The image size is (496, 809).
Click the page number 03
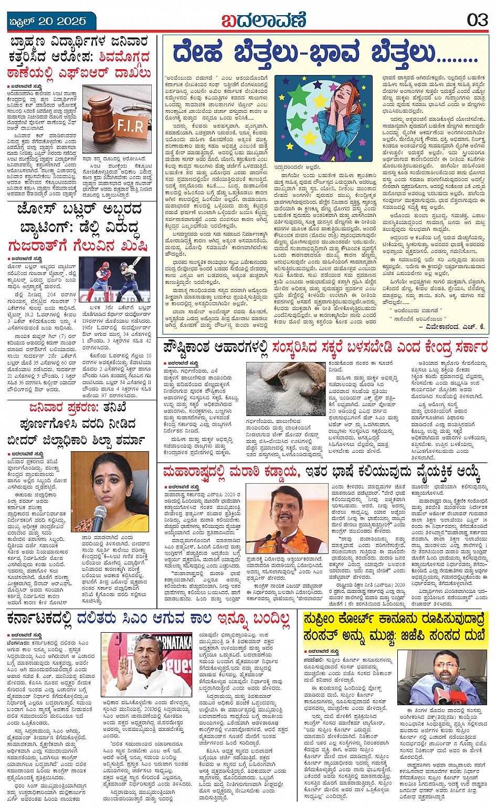[477, 20]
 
